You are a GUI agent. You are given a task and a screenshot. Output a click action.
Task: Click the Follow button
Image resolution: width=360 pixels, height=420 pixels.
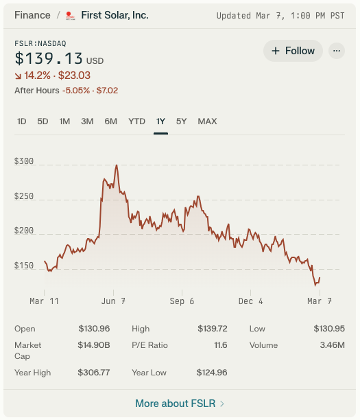(293, 51)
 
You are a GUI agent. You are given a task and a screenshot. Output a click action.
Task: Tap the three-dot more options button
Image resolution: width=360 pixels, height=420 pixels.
(336, 51)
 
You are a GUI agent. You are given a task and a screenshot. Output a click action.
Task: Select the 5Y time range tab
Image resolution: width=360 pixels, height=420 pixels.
(181, 121)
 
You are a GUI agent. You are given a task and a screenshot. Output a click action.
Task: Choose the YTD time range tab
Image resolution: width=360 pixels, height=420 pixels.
(136, 121)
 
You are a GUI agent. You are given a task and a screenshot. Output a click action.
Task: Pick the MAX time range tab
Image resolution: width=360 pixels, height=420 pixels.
(207, 121)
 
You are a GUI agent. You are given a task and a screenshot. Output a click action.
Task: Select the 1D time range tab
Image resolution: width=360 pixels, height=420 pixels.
(22, 121)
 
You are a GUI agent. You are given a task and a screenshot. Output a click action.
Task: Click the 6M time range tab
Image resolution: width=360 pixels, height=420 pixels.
(110, 121)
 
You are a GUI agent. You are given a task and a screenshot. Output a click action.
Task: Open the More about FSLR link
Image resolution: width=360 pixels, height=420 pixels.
(180, 404)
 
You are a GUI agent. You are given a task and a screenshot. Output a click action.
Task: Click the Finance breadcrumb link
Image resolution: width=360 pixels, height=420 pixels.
(32, 15)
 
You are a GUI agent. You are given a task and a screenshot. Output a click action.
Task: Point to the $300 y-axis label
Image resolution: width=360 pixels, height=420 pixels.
(23, 161)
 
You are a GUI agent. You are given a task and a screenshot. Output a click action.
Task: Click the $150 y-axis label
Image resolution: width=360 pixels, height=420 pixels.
(23, 266)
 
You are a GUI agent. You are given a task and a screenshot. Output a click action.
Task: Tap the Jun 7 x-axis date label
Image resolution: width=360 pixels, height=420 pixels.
(113, 301)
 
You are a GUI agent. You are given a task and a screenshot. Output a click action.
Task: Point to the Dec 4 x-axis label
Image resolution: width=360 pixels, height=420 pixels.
(251, 301)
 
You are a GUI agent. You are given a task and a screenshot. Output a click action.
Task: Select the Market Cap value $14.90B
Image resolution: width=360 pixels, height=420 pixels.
(95, 345)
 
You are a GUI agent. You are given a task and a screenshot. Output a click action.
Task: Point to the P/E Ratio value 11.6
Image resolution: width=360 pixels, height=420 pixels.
(220, 345)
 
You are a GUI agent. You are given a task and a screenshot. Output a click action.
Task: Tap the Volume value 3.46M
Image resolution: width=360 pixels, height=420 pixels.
(332, 345)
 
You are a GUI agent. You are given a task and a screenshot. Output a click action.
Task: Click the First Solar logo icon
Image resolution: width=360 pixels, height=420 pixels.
(69, 15)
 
